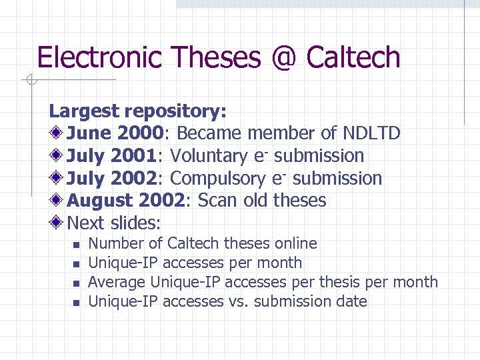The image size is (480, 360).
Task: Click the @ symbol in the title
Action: pyautogui.click(x=283, y=58)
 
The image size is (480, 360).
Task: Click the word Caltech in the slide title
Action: pyautogui.click(x=353, y=58)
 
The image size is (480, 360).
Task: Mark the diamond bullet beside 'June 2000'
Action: pyautogui.click(x=57, y=133)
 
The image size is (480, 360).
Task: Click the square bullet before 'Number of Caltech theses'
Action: pyautogui.click(x=75, y=245)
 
